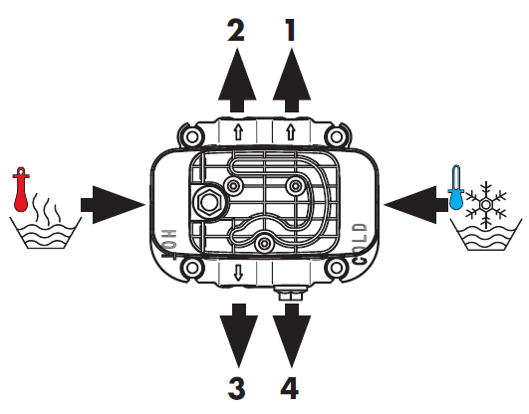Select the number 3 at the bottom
[236, 386]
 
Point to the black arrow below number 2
[236, 86]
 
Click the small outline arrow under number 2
[236, 130]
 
